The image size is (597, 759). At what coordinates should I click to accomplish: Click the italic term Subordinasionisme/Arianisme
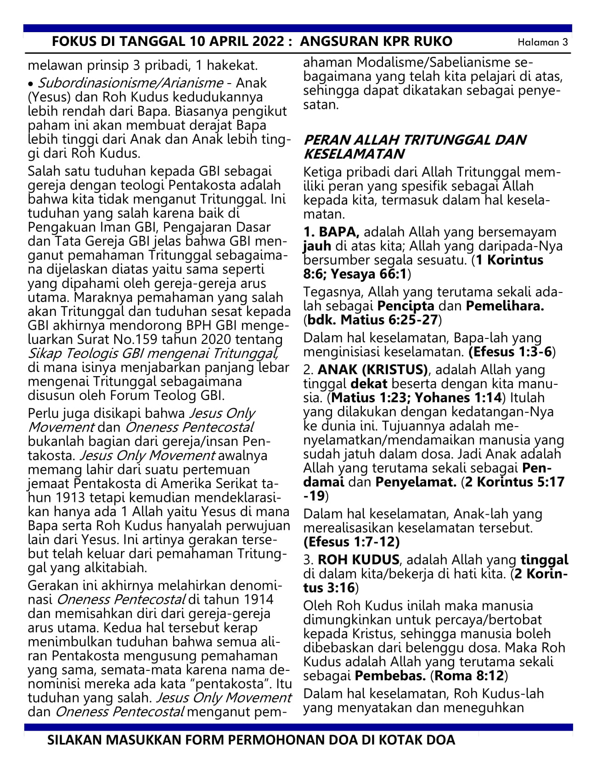[130, 83]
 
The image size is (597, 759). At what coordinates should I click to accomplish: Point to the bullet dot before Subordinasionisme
[31, 84]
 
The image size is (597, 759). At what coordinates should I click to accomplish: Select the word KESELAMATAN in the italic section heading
[354, 154]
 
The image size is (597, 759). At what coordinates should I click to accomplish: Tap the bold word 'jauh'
[314, 246]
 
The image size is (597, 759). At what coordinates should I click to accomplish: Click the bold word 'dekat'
[369, 384]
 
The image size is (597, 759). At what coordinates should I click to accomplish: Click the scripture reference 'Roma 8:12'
[469, 676]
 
